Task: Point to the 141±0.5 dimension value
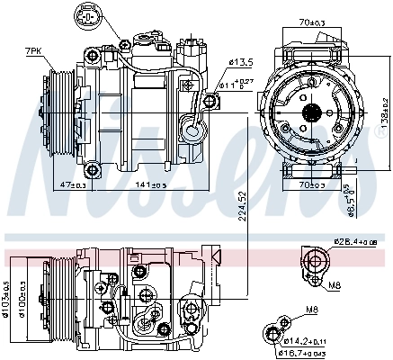coord(149,184)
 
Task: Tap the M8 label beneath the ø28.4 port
coord(335,285)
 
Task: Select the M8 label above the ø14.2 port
coord(313,311)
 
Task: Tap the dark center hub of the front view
coord(311,112)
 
